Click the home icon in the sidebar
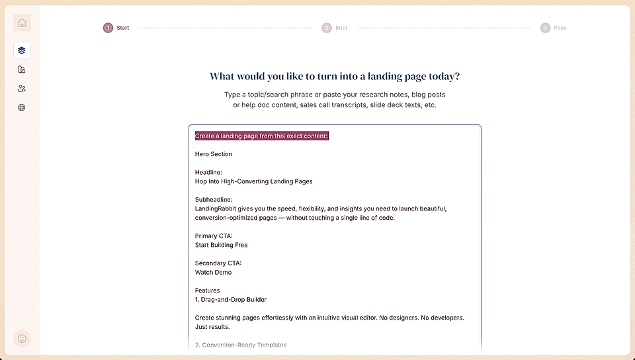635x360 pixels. click(22, 23)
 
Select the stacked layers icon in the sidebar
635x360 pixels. click(22, 50)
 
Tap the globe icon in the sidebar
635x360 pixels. click(22, 107)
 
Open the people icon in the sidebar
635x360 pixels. click(22, 89)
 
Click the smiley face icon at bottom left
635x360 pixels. click(22, 338)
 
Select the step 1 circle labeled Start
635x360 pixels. click(108, 28)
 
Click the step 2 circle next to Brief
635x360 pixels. click(327, 28)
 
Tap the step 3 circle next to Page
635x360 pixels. click(545, 28)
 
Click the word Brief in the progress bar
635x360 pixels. click(341, 28)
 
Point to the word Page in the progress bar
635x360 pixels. click(560, 28)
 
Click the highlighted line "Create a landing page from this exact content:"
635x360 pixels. click(261, 136)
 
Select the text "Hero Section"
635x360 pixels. click(214, 154)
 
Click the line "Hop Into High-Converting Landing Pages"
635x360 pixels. click(253, 181)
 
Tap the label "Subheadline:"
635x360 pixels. click(214, 199)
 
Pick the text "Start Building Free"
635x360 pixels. click(221, 245)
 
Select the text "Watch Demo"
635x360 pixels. click(213, 272)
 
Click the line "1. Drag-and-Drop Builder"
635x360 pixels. click(231, 300)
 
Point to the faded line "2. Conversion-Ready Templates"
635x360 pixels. click(241, 345)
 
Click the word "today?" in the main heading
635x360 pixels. click(443, 76)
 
